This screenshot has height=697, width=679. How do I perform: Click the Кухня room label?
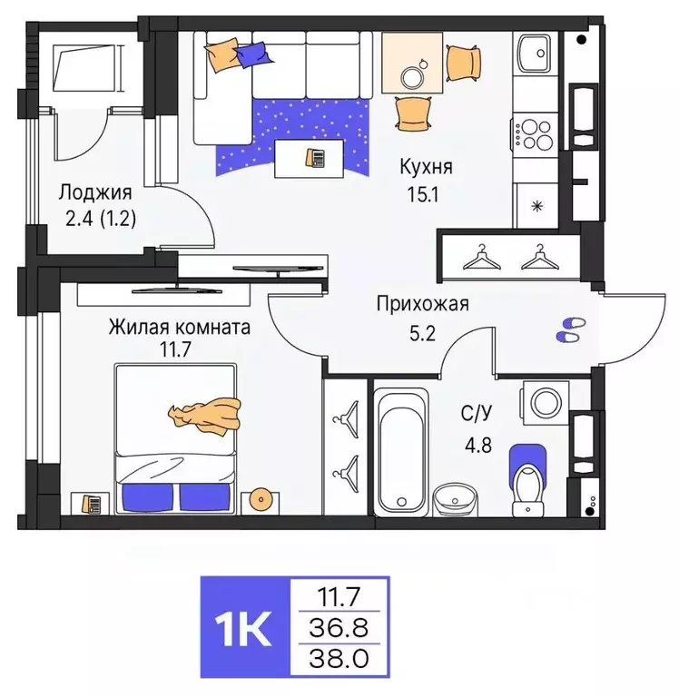tap(427, 167)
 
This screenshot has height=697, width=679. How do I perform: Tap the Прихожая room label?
tap(423, 304)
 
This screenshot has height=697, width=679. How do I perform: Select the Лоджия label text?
tap(95, 192)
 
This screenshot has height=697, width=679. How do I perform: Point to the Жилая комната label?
tap(180, 326)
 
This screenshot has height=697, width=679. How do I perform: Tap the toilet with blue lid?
tap(526, 474)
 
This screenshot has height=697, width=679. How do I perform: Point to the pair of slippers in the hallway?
tap(570, 329)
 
